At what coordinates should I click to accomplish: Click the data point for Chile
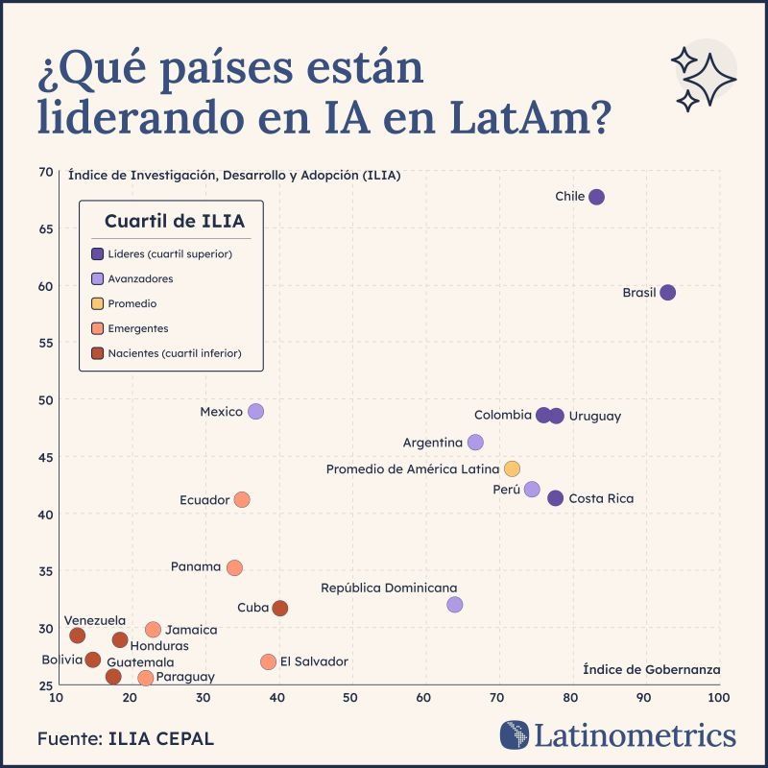(596, 197)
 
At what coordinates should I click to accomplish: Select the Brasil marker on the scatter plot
(668, 293)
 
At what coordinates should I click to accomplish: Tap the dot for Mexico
(255, 412)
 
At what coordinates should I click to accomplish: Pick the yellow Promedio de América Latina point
(512, 468)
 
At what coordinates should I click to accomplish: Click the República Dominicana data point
(455, 605)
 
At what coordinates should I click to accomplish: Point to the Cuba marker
(280, 608)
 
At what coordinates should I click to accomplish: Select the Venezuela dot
(78, 636)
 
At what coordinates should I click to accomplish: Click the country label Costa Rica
(601, 498)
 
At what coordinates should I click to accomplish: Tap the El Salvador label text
(315, 661)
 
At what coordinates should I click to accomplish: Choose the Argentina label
(433, 443)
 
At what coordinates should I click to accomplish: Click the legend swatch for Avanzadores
(97, 278)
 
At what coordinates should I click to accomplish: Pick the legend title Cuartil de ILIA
(175, 222)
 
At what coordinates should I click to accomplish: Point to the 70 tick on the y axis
(46, 172)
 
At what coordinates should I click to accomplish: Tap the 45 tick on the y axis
(46, 457)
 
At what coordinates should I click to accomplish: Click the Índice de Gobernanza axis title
(652, 669)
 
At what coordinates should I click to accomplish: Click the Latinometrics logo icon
(515, 735)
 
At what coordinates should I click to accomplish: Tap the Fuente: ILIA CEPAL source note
(126, 738)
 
